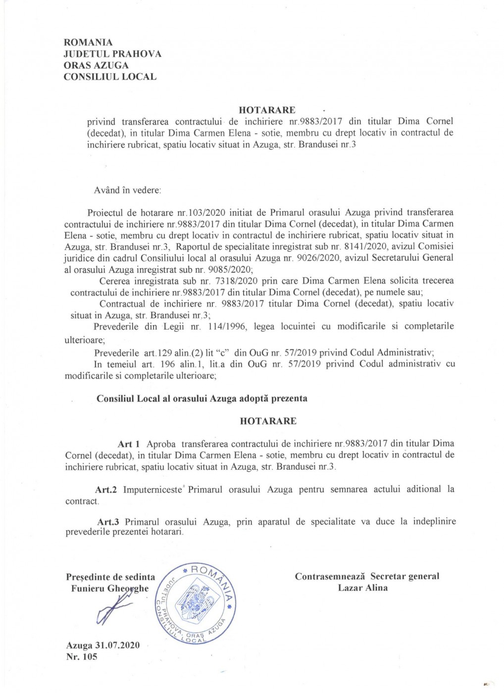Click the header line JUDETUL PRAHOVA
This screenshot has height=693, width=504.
pyautogui.click(x=112, y=54)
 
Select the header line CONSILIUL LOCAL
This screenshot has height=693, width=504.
pyautogui.click(x=110, y=77)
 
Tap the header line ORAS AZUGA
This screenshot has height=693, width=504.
pyautogui.click(x=96, y=65)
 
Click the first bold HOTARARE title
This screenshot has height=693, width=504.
pyautogui.click(x=267, y=110)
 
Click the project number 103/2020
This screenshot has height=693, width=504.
pyautogui.click(x=205, y=213)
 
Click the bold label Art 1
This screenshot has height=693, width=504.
pyautogui.click(x=129, y=444)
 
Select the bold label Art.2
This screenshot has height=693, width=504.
pyautogui.click(x=106, y=490)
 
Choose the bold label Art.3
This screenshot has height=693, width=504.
pyautogui.click(x=108, y=522)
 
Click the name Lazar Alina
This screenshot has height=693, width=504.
pyautogui.click(x=363, y=588)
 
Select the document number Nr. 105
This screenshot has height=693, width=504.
pyautogui.click(x=82, y=657)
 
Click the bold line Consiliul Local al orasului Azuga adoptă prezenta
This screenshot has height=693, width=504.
pyautogui.click(x=202, y=398)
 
